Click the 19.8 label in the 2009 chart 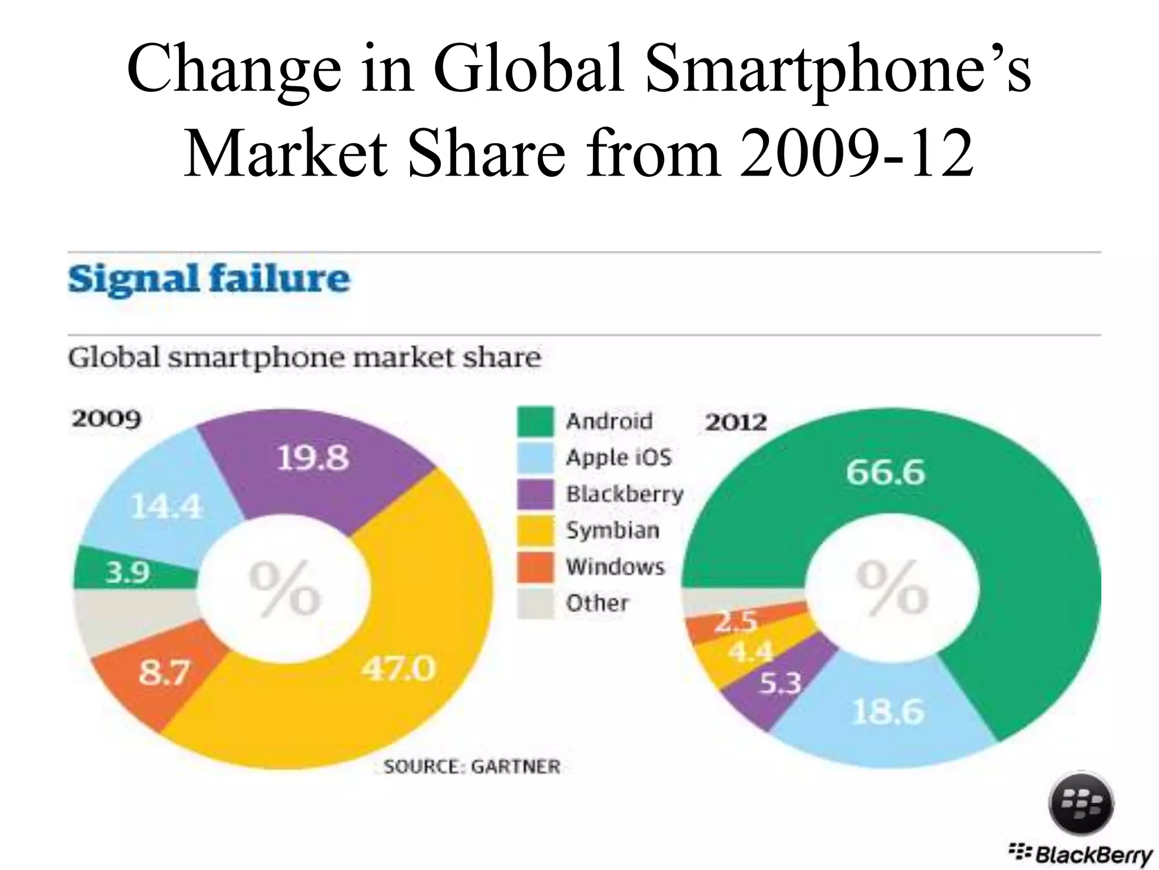click(x=313, y=458)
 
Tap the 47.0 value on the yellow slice click(x=399, y=669)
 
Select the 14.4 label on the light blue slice click(x=166, y=506)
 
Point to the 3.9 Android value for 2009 click(x=128, y=573)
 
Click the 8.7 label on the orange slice click(x=164, y=673)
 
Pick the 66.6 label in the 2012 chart click(x=885, y=472)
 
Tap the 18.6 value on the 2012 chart click(x=888, y=711)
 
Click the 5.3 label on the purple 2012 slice click(x=780, y=684)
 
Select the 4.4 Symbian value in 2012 click(x=750, y=652)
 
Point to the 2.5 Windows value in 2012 click(x=736, y=622)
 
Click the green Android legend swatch click(x=535, y=421)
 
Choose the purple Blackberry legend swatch click(x=535, y=494)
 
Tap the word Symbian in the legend click(x=613, y=530)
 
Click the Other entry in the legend click(x=597, y=603)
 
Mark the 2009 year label click(x=106, y=419)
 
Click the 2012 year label click(x=736, y=423)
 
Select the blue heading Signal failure click(x=209, y=279)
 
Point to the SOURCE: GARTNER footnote click(x=472, y=766)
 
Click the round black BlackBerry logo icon click(x=1081, y=804)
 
